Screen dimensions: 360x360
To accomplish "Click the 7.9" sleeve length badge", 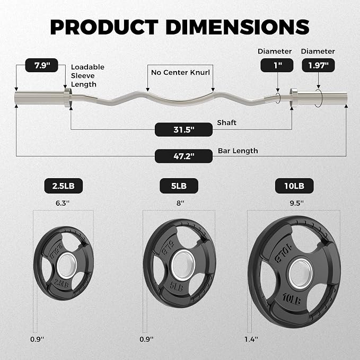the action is pos(41,65).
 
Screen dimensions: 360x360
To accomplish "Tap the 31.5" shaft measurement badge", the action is pos(183,129).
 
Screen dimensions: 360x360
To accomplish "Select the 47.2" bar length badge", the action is pos(183,156).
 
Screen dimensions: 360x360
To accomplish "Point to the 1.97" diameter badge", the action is pos(318,65).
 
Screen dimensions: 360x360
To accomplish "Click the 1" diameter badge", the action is pos(277,65).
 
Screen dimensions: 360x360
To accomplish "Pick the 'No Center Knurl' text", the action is pos(180,73).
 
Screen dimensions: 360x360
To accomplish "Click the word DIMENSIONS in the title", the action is pos(237,27).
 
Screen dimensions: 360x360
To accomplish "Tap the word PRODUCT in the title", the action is pos(104,27).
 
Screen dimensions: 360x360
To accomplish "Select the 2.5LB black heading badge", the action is pos(64,186).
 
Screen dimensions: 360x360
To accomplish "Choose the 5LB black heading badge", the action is pos(179,186).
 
